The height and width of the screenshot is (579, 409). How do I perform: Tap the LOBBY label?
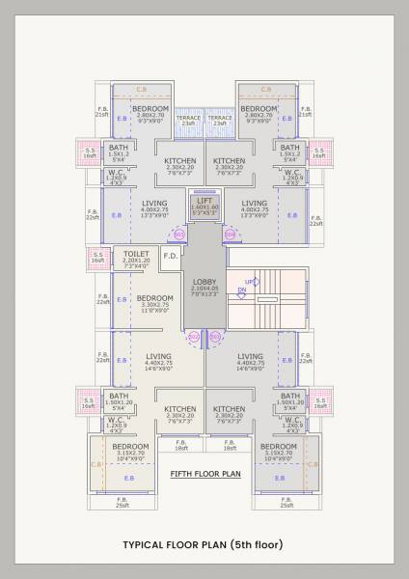tap(204, 279)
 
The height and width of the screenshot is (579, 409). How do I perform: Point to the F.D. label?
tap(169, 256)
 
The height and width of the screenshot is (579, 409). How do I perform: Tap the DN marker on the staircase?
tap(243, 289)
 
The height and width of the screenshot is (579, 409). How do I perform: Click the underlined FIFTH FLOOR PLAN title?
tap(204, 474)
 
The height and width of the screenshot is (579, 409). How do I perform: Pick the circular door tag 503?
tap(177, 234)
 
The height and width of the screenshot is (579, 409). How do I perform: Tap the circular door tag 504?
tap(230, 234)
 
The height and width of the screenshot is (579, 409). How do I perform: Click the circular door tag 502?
tap(193, 337)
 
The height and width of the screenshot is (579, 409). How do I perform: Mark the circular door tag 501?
tap(215, 337)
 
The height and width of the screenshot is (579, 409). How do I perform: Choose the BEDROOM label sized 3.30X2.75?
tap(154, 297)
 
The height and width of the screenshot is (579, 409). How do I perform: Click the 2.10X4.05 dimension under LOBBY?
tap(204, 287)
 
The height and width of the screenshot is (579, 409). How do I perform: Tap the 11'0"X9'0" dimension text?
tap(154, 312)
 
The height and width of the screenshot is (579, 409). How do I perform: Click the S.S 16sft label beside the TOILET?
tap(97, 258)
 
